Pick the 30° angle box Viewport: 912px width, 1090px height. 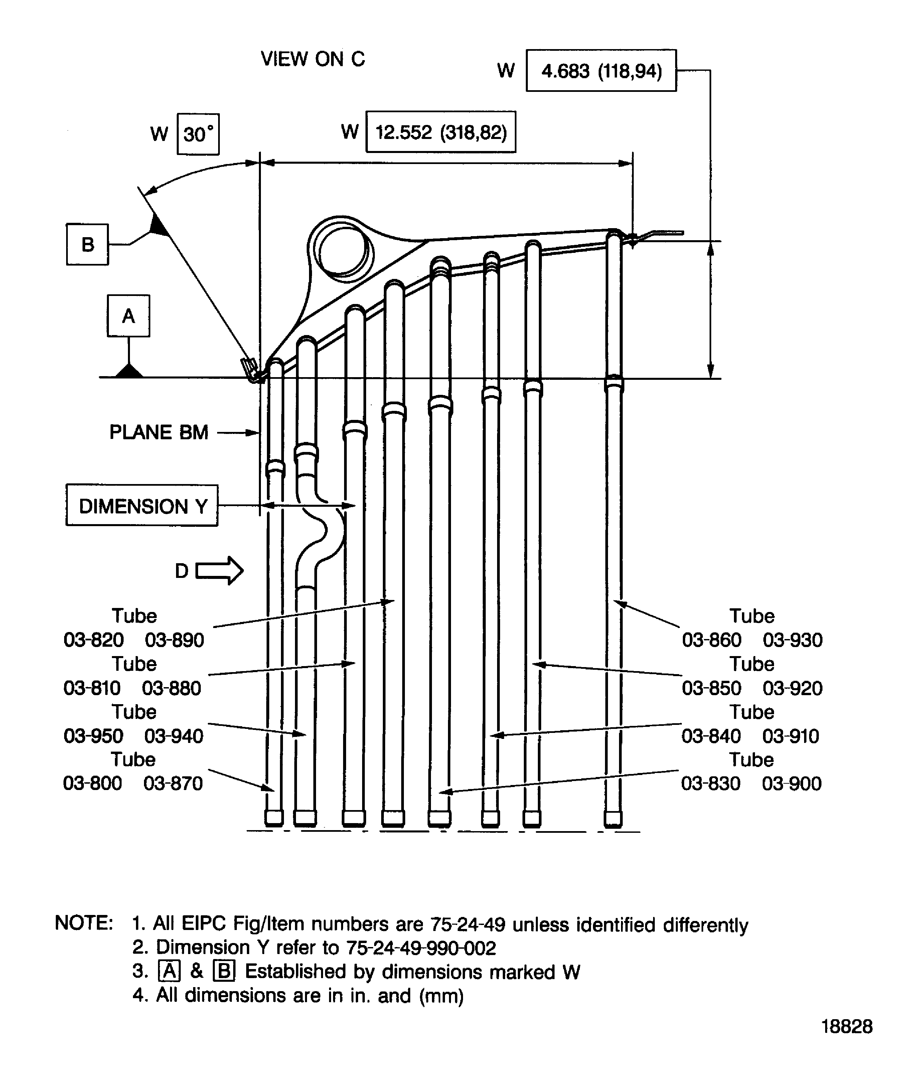pyautogui.click(x=198, y=134)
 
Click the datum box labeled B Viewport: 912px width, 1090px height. pyautogui.click(x=87, y=245)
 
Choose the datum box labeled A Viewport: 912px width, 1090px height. pyautogui.click(x=128, y=316)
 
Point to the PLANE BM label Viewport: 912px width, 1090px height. pyautogui.click(x=159, y=432)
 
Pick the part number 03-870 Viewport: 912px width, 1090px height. pyautogui.click(x=173, y=783)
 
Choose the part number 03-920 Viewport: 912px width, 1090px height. pyautogui.click(x=792, y=688)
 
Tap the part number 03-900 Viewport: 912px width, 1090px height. pyautogui.click(x=792, y=783)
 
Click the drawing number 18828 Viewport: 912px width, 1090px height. pyautogui.click(x=847, y=1026)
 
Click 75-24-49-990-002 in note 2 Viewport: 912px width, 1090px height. pyautogui.click(x=421, y=948)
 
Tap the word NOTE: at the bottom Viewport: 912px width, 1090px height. pyautogui.click(x=84, y=923)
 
